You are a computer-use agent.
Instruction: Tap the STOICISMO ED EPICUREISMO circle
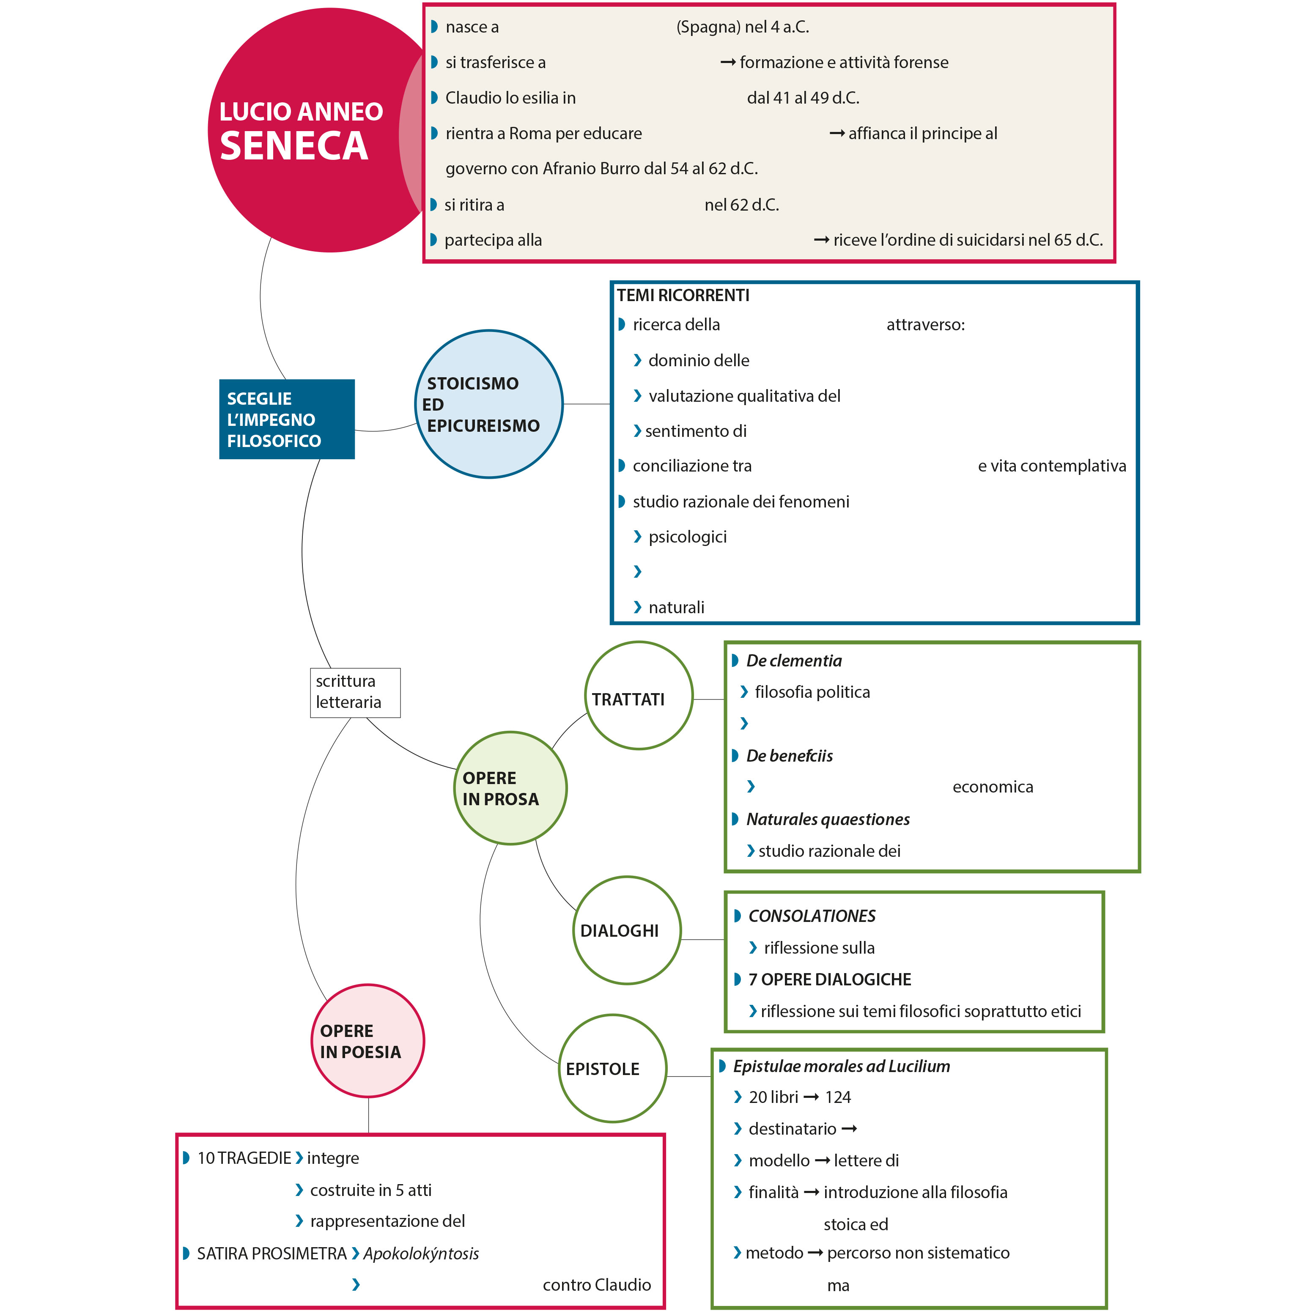(488, 404)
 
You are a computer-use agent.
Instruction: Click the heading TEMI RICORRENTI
(683, 295)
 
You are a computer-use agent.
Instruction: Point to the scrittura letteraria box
(355, 692)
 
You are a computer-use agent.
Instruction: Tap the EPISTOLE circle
(612, 1069)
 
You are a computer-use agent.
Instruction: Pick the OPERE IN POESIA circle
(368, 1041)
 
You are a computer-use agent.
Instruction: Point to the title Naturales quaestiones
(828, 819)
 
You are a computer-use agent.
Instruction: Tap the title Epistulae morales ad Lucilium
(842, 1066)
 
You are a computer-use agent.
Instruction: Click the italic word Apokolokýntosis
(421, 1253)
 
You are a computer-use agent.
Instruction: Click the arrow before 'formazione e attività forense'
(727, 63)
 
